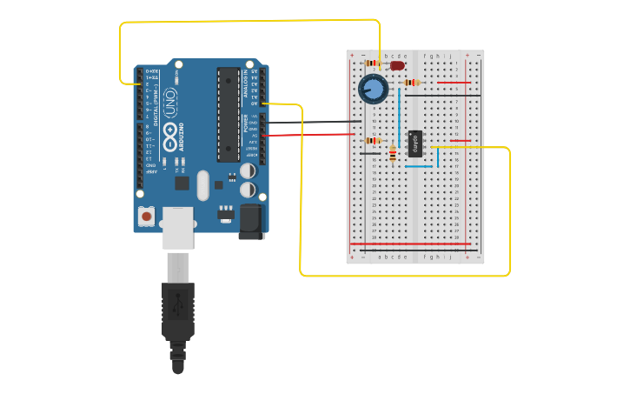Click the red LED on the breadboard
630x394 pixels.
pos(397,64)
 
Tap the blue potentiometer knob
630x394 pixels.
pos(373,89)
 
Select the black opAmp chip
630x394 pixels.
pos(415,143)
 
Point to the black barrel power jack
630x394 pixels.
pos(251,221)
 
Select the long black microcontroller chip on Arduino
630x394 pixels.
pos(229,114)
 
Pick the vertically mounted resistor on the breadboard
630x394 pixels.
pos(393,154)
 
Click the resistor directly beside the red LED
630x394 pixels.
pos(374,63)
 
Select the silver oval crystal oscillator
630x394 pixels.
pos(202,184)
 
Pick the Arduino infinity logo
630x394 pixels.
pos(169,120)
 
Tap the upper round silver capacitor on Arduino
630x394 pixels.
pos(247,172)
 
